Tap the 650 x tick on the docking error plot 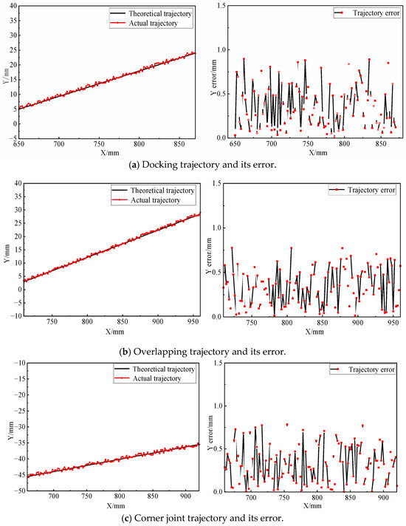pyautogui.click(x=235, y=145)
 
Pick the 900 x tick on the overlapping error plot pyautogui.click(x=357, y=323)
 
